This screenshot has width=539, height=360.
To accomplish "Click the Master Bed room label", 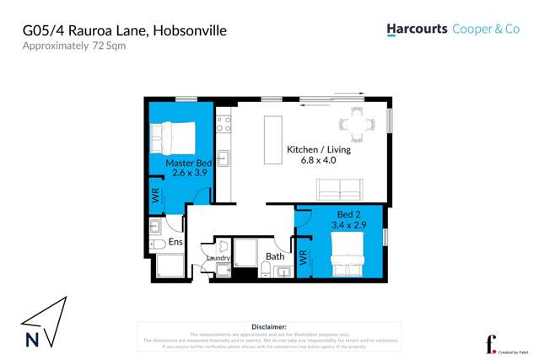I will [188, 162].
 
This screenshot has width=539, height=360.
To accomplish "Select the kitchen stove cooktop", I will [224, 126].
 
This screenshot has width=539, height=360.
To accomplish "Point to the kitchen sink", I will [224, 158].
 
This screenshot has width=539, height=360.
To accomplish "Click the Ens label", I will [175, 242].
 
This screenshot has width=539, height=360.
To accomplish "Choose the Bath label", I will [275, 255].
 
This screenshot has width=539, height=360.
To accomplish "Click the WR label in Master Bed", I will [154, 196].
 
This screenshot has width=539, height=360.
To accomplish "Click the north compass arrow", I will [42, 321].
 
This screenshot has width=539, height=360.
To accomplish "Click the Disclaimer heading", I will [269, 326].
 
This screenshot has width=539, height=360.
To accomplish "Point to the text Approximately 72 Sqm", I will [74, 46].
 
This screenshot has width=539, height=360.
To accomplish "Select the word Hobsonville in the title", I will [186, 31].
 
